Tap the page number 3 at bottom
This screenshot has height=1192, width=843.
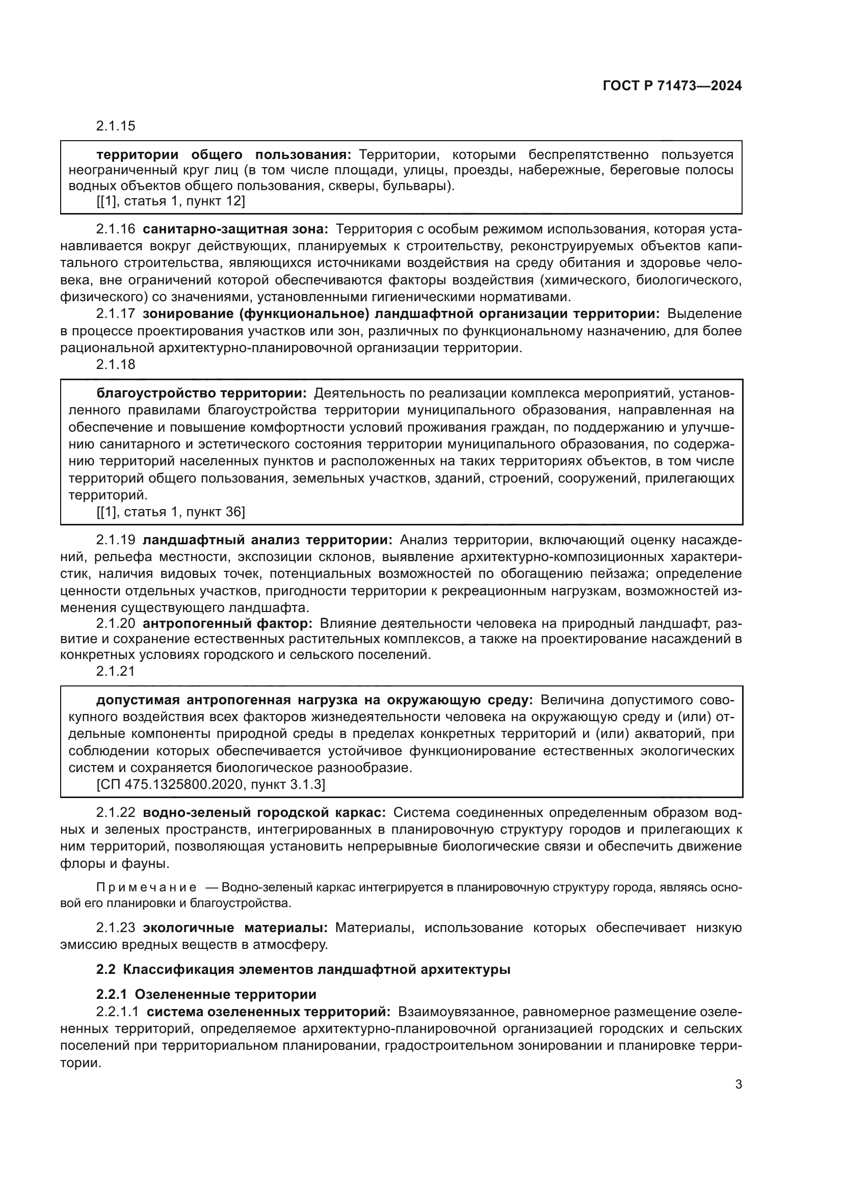(x=738, y=1084)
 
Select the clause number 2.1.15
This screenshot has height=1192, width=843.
(x=115, y=126)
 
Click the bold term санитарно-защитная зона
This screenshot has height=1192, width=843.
(x=235, y=229)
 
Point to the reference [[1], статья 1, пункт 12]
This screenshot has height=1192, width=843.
(x=170, y=201)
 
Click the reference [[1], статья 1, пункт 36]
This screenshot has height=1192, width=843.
(x=170, y=512)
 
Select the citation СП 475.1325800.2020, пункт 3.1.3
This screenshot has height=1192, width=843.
(x=211, y=784)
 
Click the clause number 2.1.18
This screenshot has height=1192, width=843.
(x=115, y=364)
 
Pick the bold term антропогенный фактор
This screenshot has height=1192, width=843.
(x=227, y=623)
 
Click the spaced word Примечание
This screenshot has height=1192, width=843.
(x=146, y=887)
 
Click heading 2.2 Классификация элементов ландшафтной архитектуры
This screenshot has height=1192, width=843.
(x=303, y=969)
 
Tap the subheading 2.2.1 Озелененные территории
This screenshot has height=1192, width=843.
(x=206, y=994)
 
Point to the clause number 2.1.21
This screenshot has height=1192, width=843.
(x=115, y=671)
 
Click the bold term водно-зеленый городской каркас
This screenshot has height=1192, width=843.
(x=264, y=812)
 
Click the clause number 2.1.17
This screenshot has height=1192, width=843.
(x=115, y=313)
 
